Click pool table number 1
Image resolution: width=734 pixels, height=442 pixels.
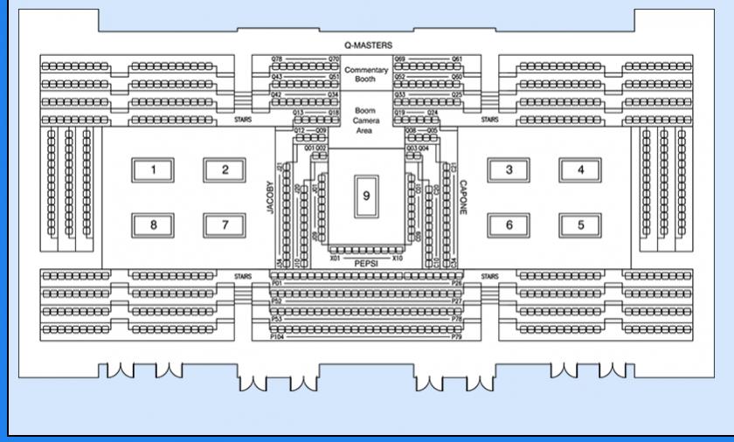(154, 169)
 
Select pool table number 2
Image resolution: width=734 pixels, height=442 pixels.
(225, 169)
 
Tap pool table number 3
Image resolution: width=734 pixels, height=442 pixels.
(509, 169)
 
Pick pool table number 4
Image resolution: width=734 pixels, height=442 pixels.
(580, 169)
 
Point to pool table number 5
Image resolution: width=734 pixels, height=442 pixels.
(580, 224)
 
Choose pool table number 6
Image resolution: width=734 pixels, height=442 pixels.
(509, 224)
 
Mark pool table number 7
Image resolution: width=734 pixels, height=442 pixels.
(225, 224)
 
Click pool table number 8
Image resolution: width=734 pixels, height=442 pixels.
(154, 224)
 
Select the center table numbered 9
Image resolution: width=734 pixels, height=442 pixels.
(365, 196)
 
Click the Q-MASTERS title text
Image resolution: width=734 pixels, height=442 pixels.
(367, 45)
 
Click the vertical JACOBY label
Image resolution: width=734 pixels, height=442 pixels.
(271, 197)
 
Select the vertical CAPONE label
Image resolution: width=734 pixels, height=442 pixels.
(462, 197)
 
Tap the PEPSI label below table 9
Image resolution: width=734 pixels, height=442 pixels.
(366, 261)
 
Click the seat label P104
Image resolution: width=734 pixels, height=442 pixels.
(278, 335)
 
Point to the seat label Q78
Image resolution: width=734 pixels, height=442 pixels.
(277, 59)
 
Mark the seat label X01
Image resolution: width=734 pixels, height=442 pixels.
(334, 259)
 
